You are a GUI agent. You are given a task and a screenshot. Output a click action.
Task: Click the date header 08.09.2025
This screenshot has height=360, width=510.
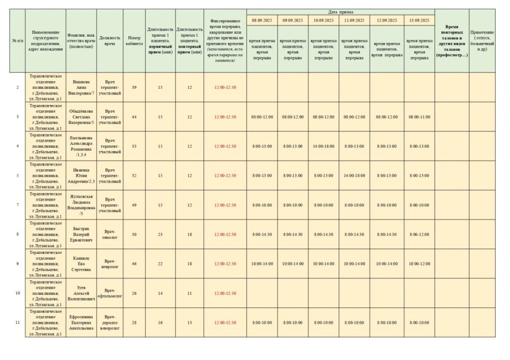261,20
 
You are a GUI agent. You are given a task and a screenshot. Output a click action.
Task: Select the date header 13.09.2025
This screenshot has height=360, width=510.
419,20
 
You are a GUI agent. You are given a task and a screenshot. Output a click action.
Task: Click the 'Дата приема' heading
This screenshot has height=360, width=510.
340,12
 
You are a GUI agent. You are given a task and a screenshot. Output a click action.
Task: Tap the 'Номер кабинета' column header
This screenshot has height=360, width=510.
134,41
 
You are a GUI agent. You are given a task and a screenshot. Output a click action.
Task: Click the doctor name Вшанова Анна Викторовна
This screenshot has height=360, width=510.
81,87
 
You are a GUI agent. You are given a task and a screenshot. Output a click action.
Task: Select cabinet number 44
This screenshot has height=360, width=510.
134,117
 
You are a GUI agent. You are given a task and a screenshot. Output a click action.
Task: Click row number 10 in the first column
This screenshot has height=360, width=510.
17,293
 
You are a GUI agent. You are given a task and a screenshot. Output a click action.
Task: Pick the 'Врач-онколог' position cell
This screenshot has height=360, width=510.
109,234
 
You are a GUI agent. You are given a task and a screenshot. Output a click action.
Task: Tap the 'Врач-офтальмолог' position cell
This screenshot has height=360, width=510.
109,293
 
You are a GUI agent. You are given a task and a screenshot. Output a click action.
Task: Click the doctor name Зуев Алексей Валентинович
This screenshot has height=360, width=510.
81,293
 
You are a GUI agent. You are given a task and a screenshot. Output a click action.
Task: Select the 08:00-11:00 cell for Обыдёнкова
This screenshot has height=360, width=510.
419,117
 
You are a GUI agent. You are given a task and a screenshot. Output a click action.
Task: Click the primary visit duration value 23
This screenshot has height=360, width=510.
160,234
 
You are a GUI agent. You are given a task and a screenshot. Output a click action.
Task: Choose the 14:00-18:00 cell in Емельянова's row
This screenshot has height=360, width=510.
323,146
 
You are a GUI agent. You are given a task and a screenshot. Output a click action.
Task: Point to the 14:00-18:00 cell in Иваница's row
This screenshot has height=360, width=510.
354,175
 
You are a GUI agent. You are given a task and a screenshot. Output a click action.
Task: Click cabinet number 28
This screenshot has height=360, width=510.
134,322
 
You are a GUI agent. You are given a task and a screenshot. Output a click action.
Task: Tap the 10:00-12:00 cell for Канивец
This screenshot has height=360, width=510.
419,263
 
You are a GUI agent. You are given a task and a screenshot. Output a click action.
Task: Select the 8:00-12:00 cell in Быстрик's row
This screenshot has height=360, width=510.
419,234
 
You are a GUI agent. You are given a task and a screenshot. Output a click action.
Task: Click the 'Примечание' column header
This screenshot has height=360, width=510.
482,41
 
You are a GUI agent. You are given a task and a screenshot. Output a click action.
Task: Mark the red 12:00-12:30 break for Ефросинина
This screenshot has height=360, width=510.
225,322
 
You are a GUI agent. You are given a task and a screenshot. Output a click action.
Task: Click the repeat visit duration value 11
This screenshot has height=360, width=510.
189,293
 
